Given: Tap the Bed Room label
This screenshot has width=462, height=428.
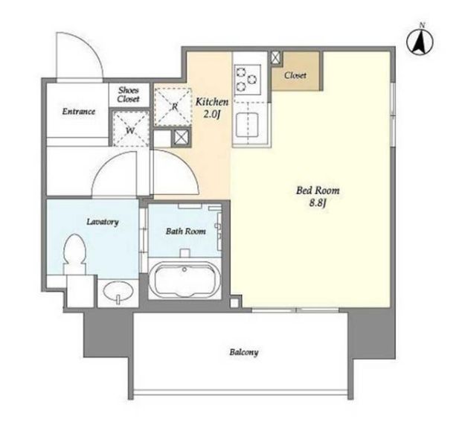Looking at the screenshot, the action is tap(318, 191).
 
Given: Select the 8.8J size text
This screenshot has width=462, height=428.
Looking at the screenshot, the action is tap(318, 203).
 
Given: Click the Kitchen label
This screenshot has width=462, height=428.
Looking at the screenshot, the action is tap(212, 102).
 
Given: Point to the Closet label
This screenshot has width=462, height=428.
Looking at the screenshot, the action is tap(295, 75).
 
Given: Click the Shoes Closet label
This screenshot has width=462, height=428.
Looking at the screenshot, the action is tap(128, 95).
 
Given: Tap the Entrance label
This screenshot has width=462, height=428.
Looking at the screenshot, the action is tap(79, 112).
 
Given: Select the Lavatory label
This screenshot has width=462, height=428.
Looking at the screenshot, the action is tap(103, 221).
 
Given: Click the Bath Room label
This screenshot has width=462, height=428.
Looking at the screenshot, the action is tap(186, 231).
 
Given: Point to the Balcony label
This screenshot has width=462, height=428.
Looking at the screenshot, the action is tap(244, 352).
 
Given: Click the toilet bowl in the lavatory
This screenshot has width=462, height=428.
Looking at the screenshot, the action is tap(74, 252).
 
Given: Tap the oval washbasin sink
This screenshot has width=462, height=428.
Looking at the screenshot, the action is tap(118, 291).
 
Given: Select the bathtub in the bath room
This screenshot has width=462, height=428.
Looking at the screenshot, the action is tap(185, 280).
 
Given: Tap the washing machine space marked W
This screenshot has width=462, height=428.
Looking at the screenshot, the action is tap(130, 128).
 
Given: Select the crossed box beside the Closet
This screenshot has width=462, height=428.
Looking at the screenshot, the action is tap(276, 57).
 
